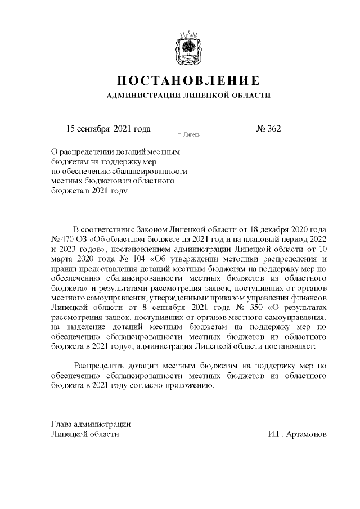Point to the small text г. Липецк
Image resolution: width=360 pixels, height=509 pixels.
(189, 135)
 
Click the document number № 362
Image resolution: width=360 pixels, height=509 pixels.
(268, 128)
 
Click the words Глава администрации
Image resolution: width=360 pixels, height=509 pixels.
(91, 424)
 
